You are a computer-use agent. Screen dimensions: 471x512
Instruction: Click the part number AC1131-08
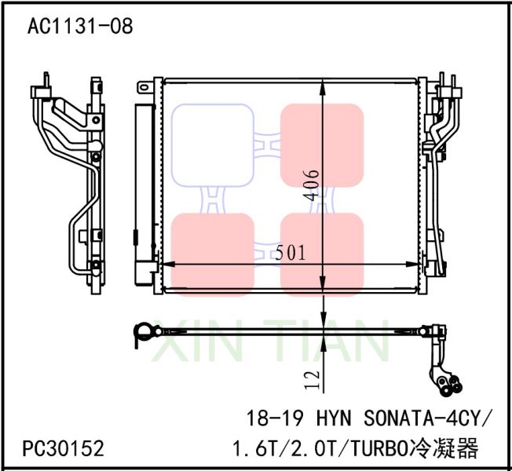point(80,27)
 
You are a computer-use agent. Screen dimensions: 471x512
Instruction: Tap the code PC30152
point(64,449)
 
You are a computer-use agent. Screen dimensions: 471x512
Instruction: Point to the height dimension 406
point(313,184)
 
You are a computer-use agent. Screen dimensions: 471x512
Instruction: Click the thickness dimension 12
point(312,380)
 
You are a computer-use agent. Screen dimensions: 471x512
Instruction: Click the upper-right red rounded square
point(322,144)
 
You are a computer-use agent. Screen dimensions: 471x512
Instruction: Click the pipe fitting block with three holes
point(448,382)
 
